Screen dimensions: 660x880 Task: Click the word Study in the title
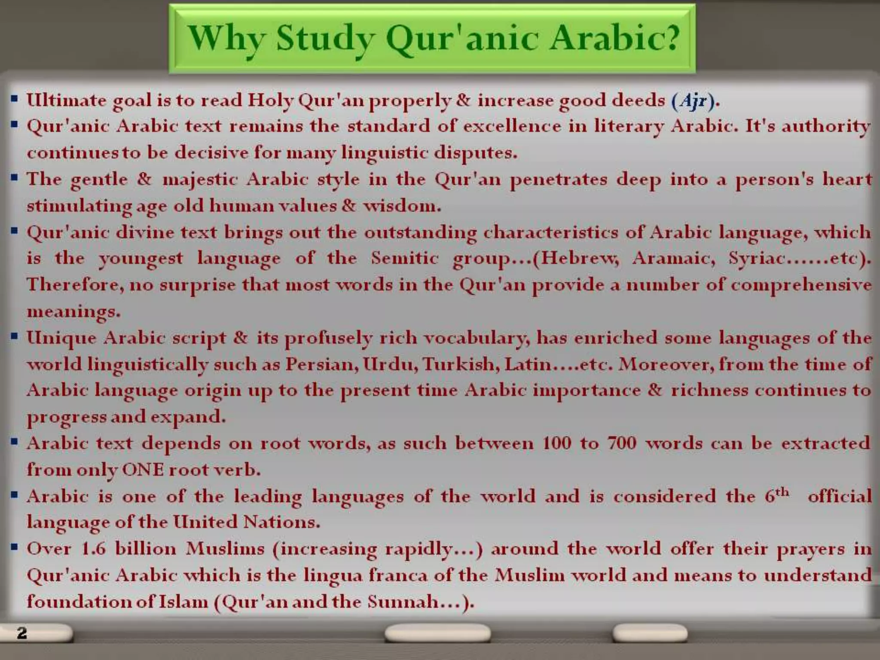pos(325,39)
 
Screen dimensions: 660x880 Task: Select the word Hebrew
pos(579,258)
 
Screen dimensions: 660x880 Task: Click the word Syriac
pos(756,258)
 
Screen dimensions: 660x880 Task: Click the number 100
pos(557,443)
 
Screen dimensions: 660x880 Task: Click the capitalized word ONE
pos(143,469)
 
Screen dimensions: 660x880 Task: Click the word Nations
pos(281,522)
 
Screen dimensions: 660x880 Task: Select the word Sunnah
pos(403,602)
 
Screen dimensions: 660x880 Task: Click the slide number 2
pos(22,632)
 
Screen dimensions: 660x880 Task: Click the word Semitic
pos(405,258)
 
